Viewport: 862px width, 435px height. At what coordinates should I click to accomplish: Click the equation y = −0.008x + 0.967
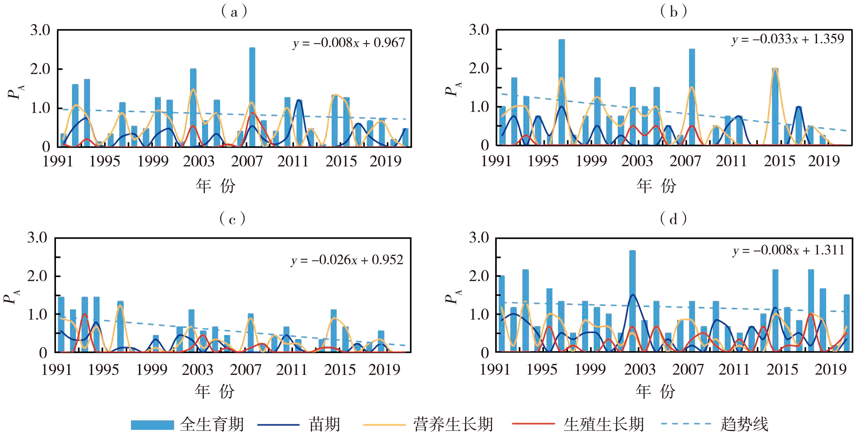point(349,43)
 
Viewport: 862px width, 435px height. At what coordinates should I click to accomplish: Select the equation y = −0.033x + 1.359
point(788,39)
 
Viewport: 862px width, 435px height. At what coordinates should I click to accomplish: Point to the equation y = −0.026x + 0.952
point(347,260)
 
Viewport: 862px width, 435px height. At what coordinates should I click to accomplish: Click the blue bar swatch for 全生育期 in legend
point(152,425)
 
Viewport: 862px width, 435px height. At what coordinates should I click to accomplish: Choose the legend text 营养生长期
point(453,425)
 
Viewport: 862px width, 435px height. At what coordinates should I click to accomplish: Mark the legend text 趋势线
point(744,425)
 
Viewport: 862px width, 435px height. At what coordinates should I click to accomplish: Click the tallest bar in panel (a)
point(252,97)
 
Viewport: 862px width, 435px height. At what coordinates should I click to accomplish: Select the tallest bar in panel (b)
point(562,92)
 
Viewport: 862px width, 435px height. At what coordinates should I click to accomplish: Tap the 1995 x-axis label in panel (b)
point(543,161)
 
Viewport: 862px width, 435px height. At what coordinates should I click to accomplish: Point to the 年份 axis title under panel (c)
point(215,391)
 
